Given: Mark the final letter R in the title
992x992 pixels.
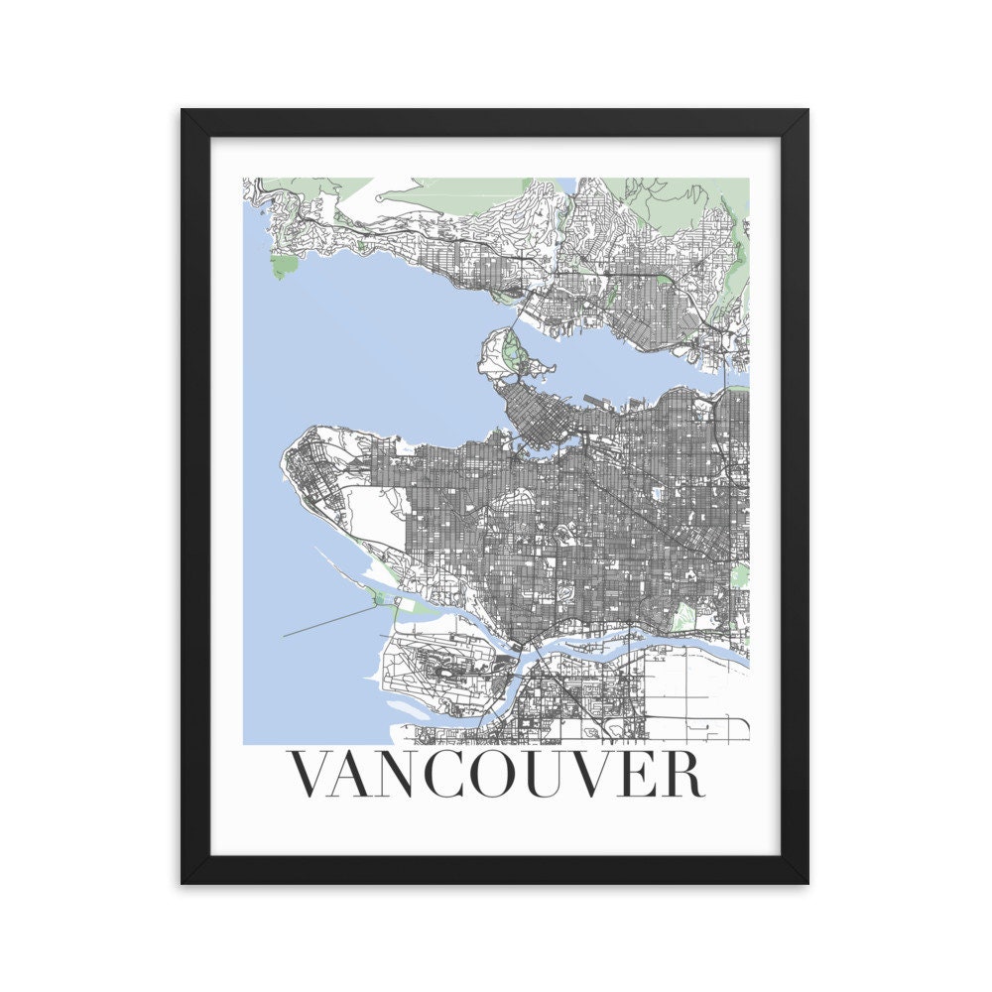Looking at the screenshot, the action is (685, 775).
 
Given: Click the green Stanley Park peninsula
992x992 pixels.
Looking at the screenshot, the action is (511, 349).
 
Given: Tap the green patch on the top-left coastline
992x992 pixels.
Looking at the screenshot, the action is (284, 265).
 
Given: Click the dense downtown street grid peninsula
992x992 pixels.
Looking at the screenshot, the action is (536, 417).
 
